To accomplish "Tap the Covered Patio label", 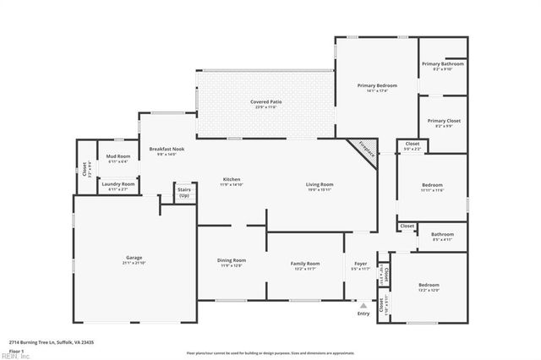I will pos(265,102).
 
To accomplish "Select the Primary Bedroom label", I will pos(376,85).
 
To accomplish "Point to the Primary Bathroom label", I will pos(443,64).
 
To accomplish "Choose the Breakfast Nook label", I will pos(167,150).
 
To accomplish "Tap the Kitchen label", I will pos(232,179).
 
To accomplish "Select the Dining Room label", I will pos(232,260).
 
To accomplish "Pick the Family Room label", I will pos(305,264).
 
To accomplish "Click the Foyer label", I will pos(361,264).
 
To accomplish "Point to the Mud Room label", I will pos(117,156).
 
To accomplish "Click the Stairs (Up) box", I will pos(183,192).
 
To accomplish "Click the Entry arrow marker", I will pos(363,305).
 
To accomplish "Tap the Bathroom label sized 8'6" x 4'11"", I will pos(442,235).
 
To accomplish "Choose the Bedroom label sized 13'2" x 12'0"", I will pos(429,286).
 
